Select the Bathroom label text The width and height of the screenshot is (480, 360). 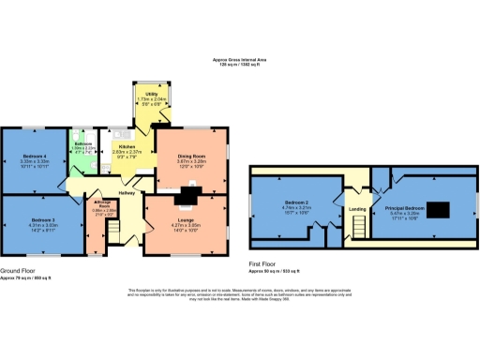pos(82,143)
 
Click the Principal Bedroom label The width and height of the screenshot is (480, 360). pos(406,207)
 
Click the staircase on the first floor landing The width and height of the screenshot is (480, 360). pos(357,226)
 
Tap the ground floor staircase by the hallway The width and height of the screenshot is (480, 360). pos(117,227)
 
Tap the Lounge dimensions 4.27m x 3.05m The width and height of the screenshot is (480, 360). pos(189,226)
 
